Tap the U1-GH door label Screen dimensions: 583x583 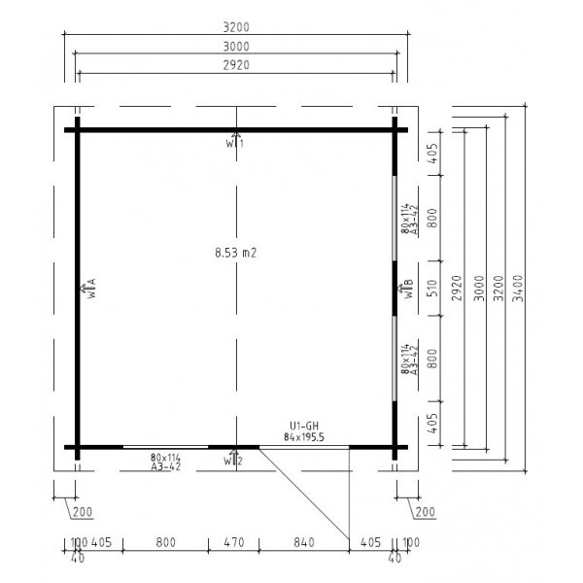coord(305,425)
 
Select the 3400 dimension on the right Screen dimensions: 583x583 coord(522,287)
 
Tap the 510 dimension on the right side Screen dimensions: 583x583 coord(434,287)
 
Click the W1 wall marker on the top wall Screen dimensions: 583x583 coord(234,142)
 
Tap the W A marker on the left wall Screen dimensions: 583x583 coord(89,288)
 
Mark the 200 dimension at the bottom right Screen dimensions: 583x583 coord(424,511)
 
